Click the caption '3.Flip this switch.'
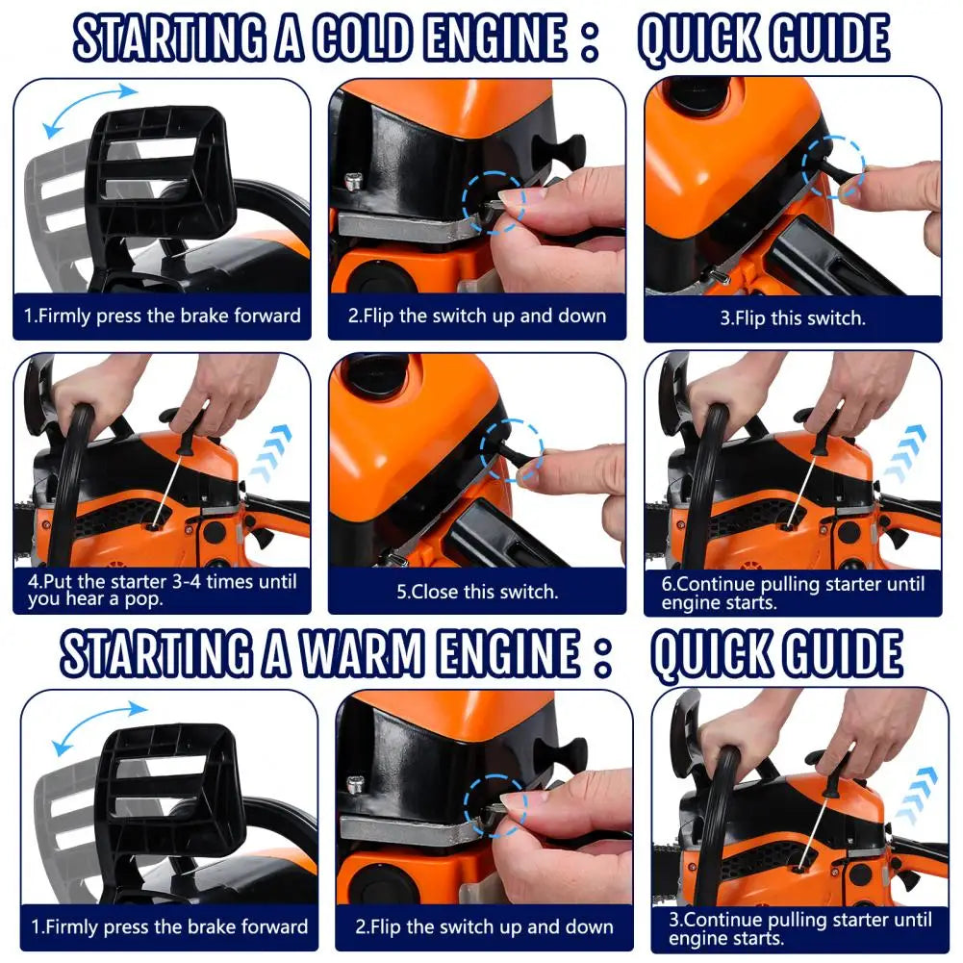pos(792,318)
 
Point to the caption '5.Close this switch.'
pos(477,591)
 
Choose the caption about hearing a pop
pos(161,590)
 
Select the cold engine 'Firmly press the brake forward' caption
pos(162,316)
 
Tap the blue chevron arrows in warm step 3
pos(916,793)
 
